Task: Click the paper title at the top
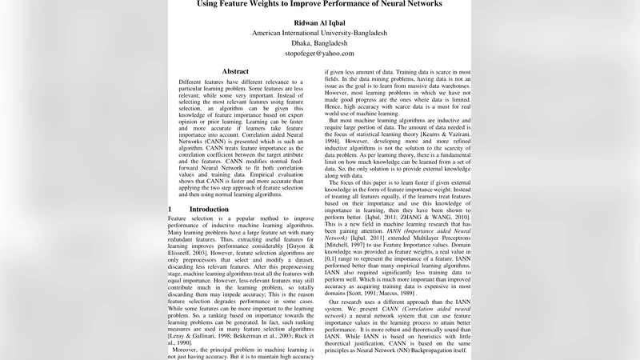319,4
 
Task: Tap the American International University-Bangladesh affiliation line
319,33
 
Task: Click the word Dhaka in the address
295,43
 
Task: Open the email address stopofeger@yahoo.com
319,54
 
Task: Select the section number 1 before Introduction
170,210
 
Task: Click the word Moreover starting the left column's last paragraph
190,349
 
